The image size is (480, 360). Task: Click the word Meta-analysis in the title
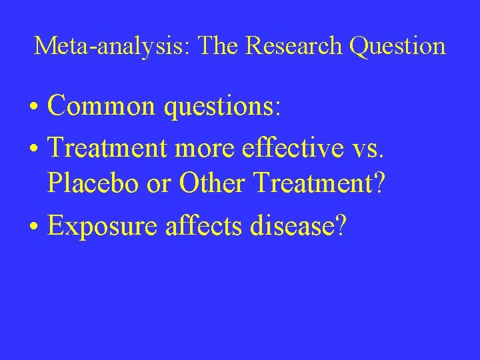pyautogui.click(x=113, y=46)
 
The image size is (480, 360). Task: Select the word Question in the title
pyautogui.click(x=400, y=46)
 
